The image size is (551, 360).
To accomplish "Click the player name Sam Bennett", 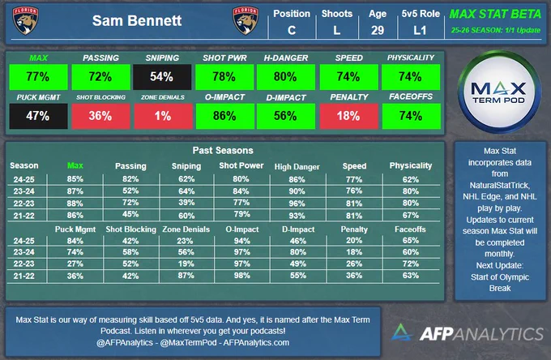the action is click(137, 21).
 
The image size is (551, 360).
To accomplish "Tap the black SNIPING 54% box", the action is click(162, 77).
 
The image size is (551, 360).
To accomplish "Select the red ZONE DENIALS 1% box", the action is click(163, 116).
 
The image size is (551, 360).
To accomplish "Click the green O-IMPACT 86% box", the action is click(225, 116).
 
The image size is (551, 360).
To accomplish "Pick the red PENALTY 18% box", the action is click(349, 116).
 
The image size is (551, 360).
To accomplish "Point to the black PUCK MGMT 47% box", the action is click(38, 116).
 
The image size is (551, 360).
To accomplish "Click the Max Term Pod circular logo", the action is click(498, 92).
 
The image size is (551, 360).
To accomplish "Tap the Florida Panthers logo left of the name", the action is click(26, 20).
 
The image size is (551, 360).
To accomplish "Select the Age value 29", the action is click(378, 30).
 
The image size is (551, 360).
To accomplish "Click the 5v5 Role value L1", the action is click(420, 30).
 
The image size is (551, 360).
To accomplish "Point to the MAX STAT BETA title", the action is click(495, 14).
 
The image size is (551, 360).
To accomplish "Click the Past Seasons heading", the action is click(223, 151).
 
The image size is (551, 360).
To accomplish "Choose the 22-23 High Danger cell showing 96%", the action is click(297, 204).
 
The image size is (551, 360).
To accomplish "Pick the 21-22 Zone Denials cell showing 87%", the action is click(186, 276).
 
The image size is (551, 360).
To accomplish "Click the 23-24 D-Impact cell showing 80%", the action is click(298, 252).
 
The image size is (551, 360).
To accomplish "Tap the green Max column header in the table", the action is click(75, 165).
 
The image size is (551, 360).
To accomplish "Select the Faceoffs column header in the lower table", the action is click(410, 229).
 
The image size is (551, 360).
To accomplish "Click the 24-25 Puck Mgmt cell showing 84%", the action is click(75, 241).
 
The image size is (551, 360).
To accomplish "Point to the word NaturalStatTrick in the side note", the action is click(499, 185).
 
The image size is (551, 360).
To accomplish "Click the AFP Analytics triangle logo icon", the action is click(401, 332).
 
